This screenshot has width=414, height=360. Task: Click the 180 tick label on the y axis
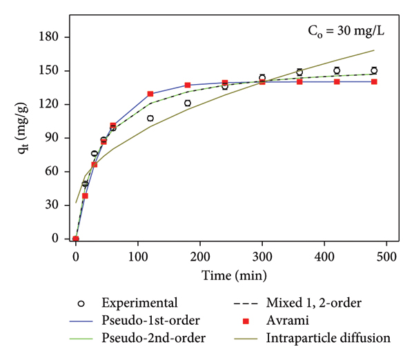48,37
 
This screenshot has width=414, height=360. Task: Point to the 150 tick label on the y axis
48,70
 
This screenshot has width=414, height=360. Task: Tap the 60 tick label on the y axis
52,171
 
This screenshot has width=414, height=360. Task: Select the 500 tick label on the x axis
386,257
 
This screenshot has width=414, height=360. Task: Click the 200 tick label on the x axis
200,257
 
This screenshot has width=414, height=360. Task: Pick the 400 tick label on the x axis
324,257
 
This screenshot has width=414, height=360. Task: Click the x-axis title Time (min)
234,276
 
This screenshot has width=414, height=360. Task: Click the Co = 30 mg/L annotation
346,31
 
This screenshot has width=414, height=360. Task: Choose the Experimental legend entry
127,303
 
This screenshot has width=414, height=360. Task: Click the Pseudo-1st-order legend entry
135,321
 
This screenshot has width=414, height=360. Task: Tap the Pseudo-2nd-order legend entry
137,338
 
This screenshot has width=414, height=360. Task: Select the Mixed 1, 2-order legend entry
297,303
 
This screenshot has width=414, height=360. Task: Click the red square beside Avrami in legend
246,321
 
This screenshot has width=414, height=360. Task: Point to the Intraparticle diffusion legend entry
312,338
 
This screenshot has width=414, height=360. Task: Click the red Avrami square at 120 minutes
150,94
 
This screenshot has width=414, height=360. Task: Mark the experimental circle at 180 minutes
188,103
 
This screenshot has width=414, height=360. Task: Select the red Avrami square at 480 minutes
374,82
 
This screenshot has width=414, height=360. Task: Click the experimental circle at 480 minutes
374,70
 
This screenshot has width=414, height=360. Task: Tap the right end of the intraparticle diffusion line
374,50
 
